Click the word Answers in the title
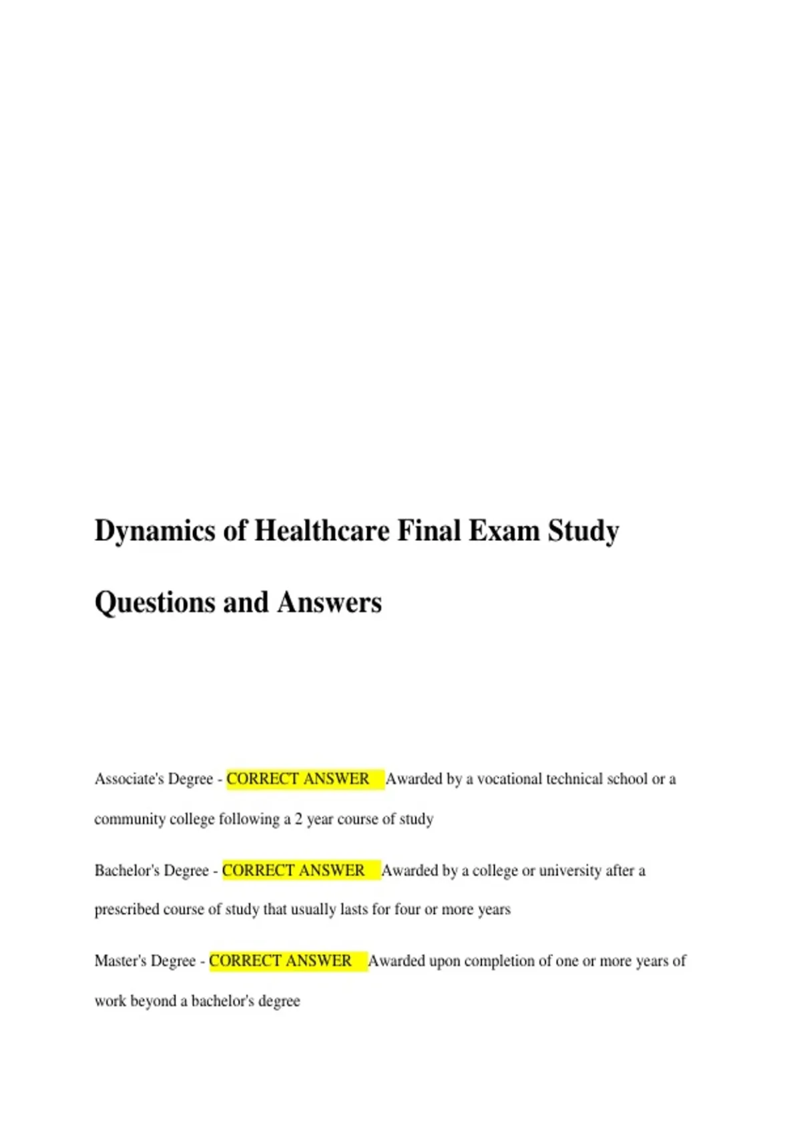tap(329, 603)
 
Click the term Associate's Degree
tap(154, 779)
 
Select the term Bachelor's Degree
tap(152, 871)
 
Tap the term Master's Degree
tap(145, 961)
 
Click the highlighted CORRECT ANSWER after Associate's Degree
tap(298, 779)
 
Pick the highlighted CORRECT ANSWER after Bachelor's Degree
tap(294, 871)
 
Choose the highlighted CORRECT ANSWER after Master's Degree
tap(280, 961)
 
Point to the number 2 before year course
tap(298, 819)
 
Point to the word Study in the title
tap(583, 531)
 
